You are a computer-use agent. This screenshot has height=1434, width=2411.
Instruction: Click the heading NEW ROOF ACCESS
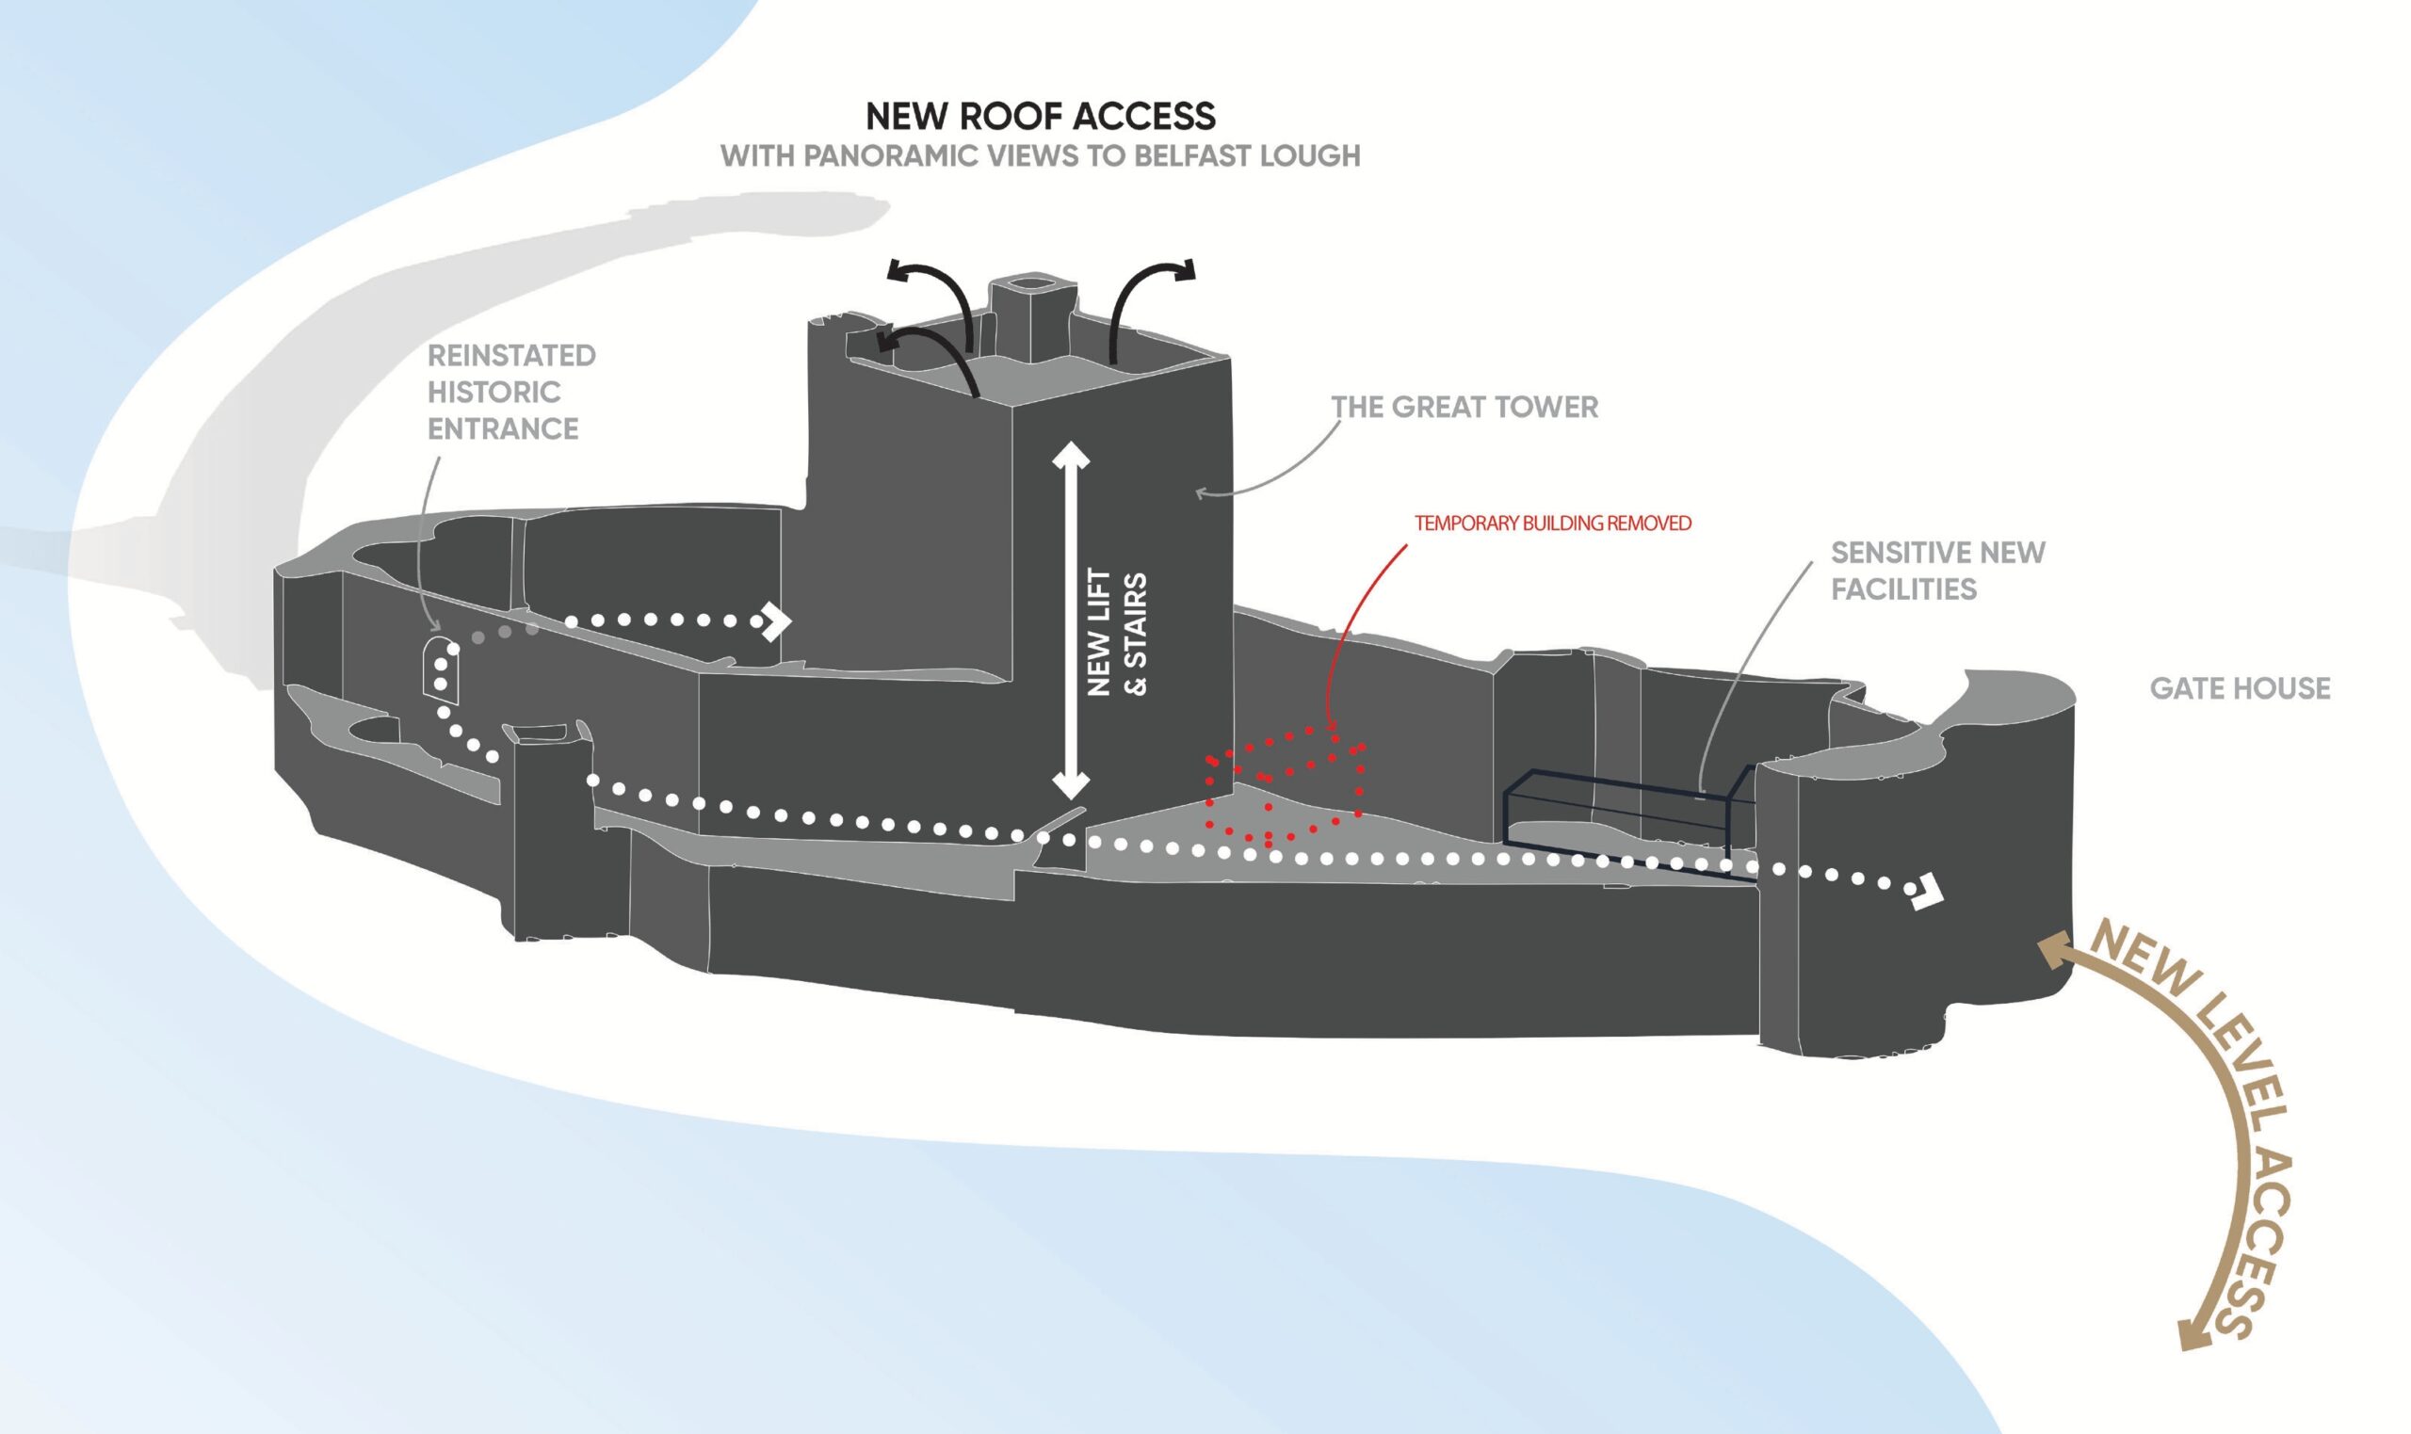[1041, 116]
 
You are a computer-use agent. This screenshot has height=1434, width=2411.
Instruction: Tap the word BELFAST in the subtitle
[1190, 155]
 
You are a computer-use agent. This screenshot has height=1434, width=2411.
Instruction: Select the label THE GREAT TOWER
[1464, 407]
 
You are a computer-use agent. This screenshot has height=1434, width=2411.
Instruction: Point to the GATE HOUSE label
[2240, 689]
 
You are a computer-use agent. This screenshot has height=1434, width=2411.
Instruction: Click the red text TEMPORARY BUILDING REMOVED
[1553, 524]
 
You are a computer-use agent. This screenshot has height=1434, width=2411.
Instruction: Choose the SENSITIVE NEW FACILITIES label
[1937, 571]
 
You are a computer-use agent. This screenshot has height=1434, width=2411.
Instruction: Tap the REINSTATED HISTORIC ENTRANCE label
[511, 393]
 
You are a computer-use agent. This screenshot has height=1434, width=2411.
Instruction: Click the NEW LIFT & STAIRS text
[1116, 634]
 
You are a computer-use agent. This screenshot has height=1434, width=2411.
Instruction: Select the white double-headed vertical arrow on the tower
[1071, 620]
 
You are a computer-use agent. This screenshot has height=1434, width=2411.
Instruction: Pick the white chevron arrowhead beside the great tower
[776, 621]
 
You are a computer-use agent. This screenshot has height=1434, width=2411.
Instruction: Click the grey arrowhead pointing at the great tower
[1203, 493]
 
